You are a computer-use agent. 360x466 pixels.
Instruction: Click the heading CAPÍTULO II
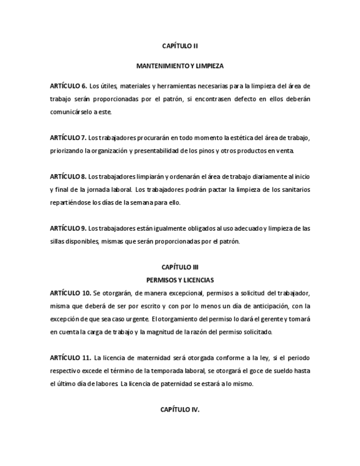[180, 46]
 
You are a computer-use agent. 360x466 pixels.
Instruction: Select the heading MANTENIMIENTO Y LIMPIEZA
[180, 66]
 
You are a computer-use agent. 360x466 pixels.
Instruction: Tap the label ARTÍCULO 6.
[68, 86]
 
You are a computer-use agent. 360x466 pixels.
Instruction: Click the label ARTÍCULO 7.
[68, 137]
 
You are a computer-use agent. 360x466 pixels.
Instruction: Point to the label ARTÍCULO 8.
[68, 176]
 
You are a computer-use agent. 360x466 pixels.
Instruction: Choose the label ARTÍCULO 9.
[68, 228]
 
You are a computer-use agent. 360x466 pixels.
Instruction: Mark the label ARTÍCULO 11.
[70, 358]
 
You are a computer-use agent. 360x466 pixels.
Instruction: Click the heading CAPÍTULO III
[180, 268]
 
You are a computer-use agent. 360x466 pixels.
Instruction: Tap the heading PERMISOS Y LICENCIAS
[180, 280]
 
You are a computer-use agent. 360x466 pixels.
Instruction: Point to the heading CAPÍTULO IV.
[180, 409]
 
